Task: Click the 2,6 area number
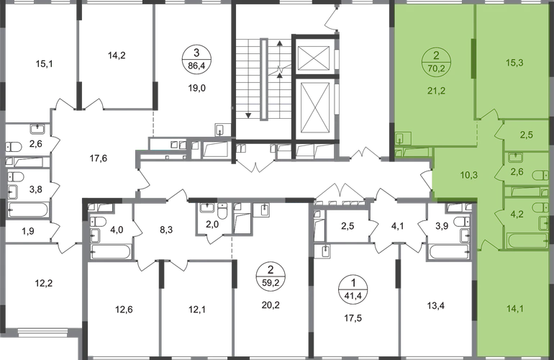point(517,172)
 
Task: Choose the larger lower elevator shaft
point(315,108)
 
